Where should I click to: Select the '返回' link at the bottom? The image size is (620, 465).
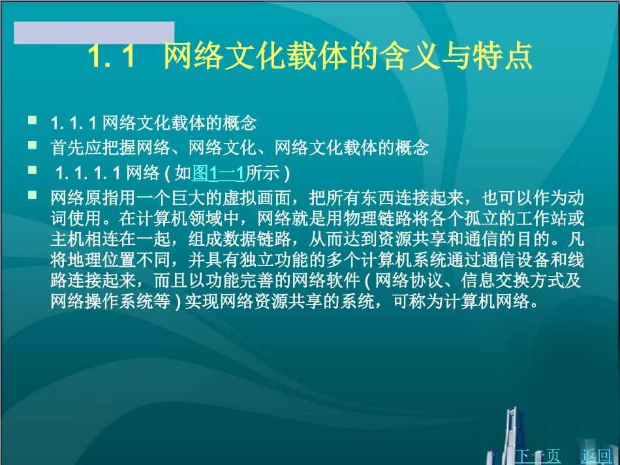pyautogui.click(x=595, y=455)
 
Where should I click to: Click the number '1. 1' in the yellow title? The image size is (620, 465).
pyautogui.click(x=111, y=57)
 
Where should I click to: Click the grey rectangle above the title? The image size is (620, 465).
pyautogui.click(x=94, y=33)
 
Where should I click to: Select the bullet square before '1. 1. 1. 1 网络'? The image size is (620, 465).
pyautogui.click(x=33, y=171)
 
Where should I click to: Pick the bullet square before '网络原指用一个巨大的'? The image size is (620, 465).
pyautogui.click(x=33, y=195)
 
